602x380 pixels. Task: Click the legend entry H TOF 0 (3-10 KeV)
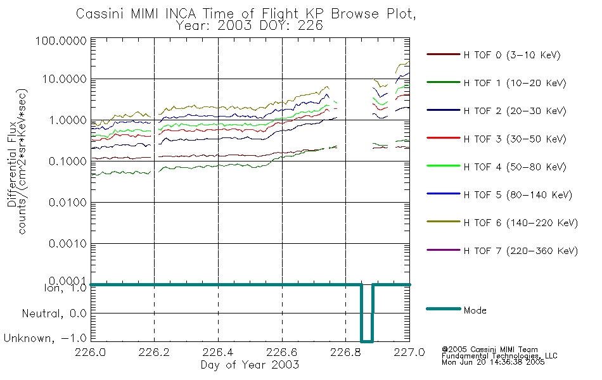[512, 55]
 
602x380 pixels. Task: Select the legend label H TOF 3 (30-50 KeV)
[515, 139]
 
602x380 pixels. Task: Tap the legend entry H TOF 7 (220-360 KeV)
[520, 251]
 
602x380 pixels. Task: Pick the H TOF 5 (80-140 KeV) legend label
[518, 195]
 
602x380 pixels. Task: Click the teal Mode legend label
[475, 310]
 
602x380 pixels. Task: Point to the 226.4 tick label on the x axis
[218, 352]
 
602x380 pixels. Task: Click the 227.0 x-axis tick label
[409, 352]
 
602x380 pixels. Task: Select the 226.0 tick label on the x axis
[91, 352]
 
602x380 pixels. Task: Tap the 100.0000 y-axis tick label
[61, 41]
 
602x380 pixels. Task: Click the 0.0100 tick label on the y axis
[68, 202]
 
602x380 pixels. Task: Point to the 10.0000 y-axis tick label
[64, 79]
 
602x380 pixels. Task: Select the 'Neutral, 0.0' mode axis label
[54, 313]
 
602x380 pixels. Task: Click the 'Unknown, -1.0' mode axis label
[45, 338]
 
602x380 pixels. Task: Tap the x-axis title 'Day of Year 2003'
[250, 364]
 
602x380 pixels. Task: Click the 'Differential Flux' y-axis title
[12, 164]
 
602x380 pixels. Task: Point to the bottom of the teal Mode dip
[367, 341]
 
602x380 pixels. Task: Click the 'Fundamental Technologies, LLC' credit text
[499, 356]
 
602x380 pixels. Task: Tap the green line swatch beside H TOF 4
[443, 166]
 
